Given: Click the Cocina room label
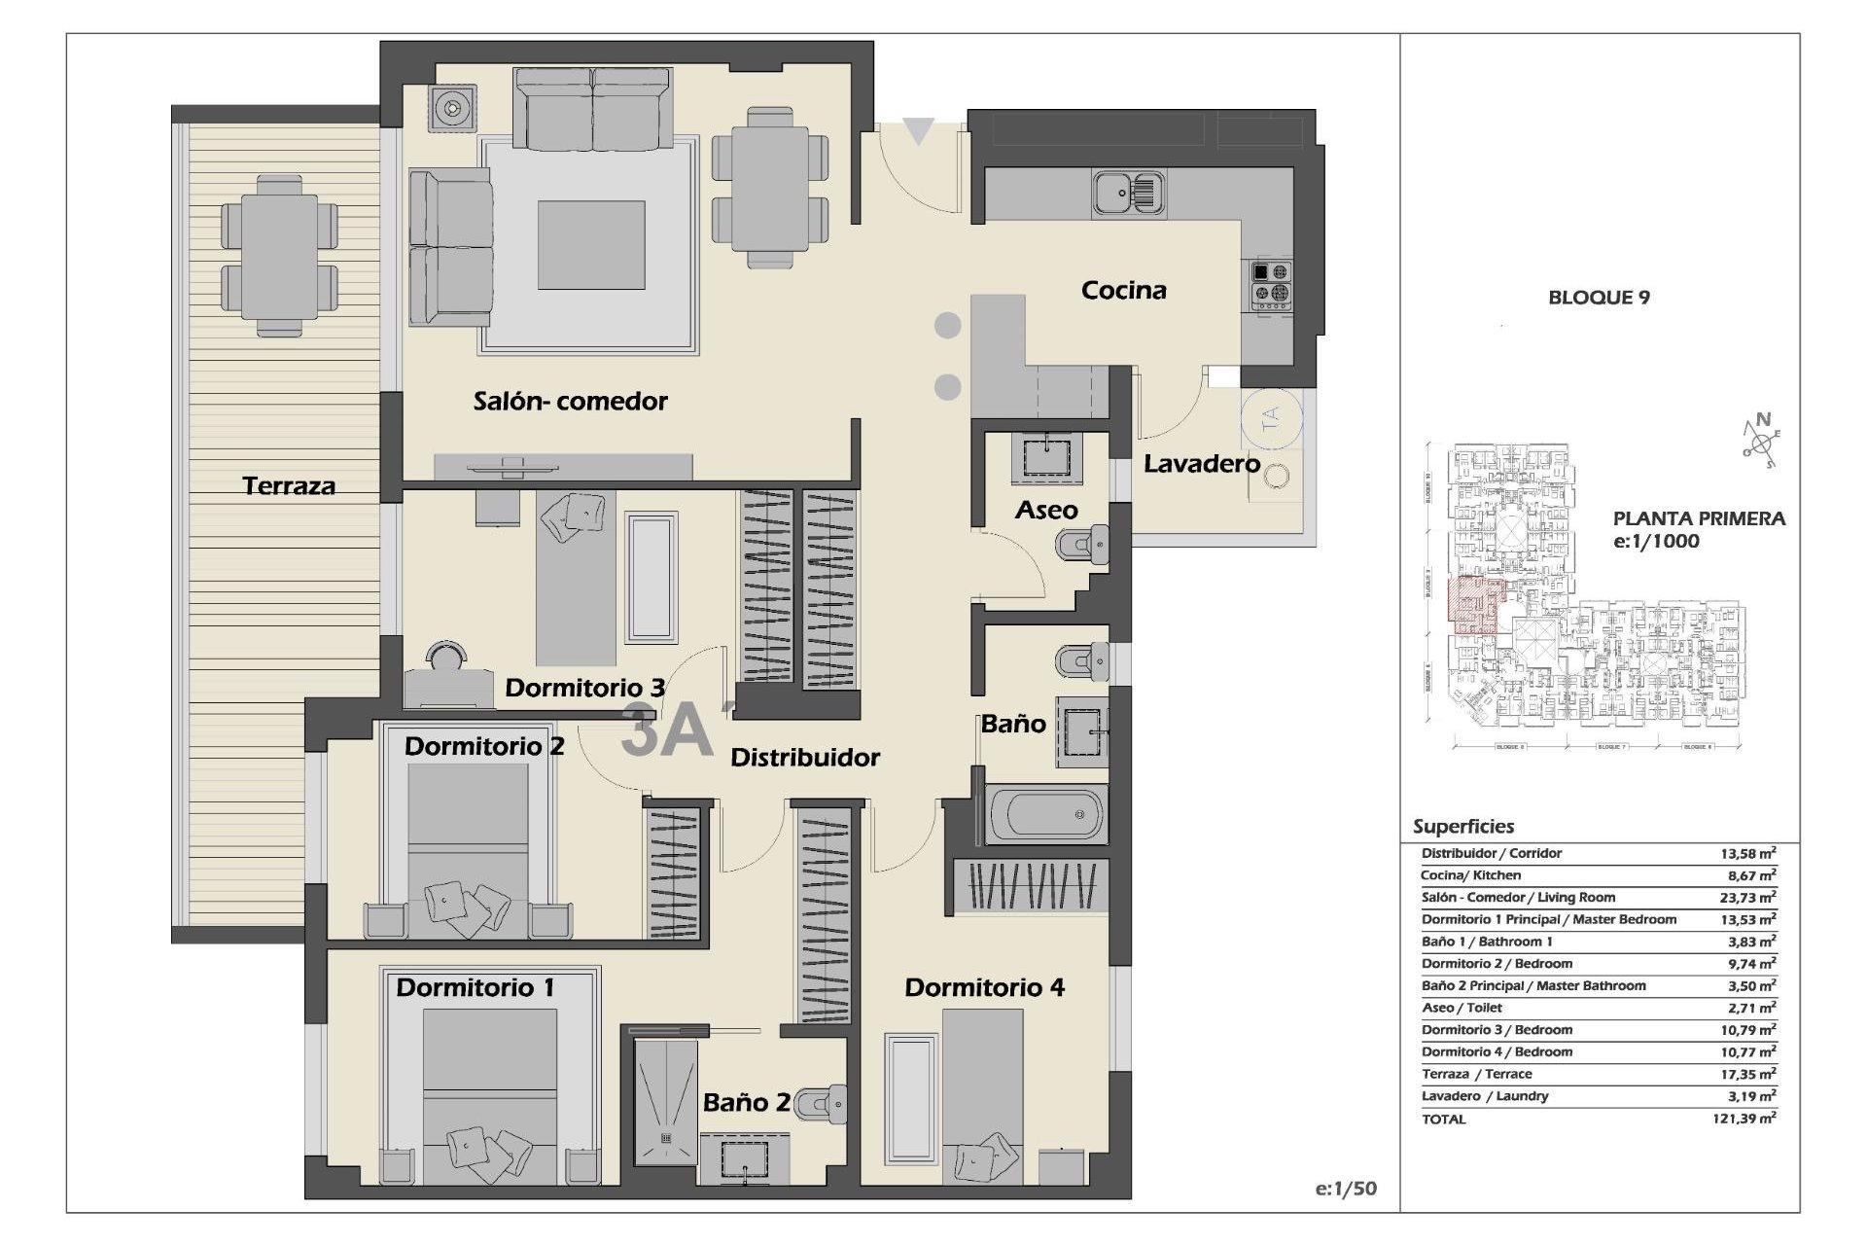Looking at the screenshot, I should coord(1123,290).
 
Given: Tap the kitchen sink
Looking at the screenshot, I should coord(1127,192).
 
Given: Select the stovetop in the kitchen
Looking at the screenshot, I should coord(1271,284).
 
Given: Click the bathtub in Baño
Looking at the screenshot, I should coord(1046,814).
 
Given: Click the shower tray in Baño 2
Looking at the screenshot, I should coord(666,1101).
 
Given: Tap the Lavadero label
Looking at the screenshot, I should coord(1201,464).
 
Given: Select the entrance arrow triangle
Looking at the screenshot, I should coord(918,130).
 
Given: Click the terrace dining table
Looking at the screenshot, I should coord(279,255).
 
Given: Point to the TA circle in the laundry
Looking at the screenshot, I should coord(1270,419).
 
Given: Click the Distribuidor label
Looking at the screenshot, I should coord(805,757).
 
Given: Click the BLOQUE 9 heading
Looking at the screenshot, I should coord(1599,298).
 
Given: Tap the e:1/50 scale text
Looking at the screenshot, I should coord(1345,1188).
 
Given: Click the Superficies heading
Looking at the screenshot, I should coord(1462,827).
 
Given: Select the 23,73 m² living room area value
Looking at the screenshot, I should coord(1747,898).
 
